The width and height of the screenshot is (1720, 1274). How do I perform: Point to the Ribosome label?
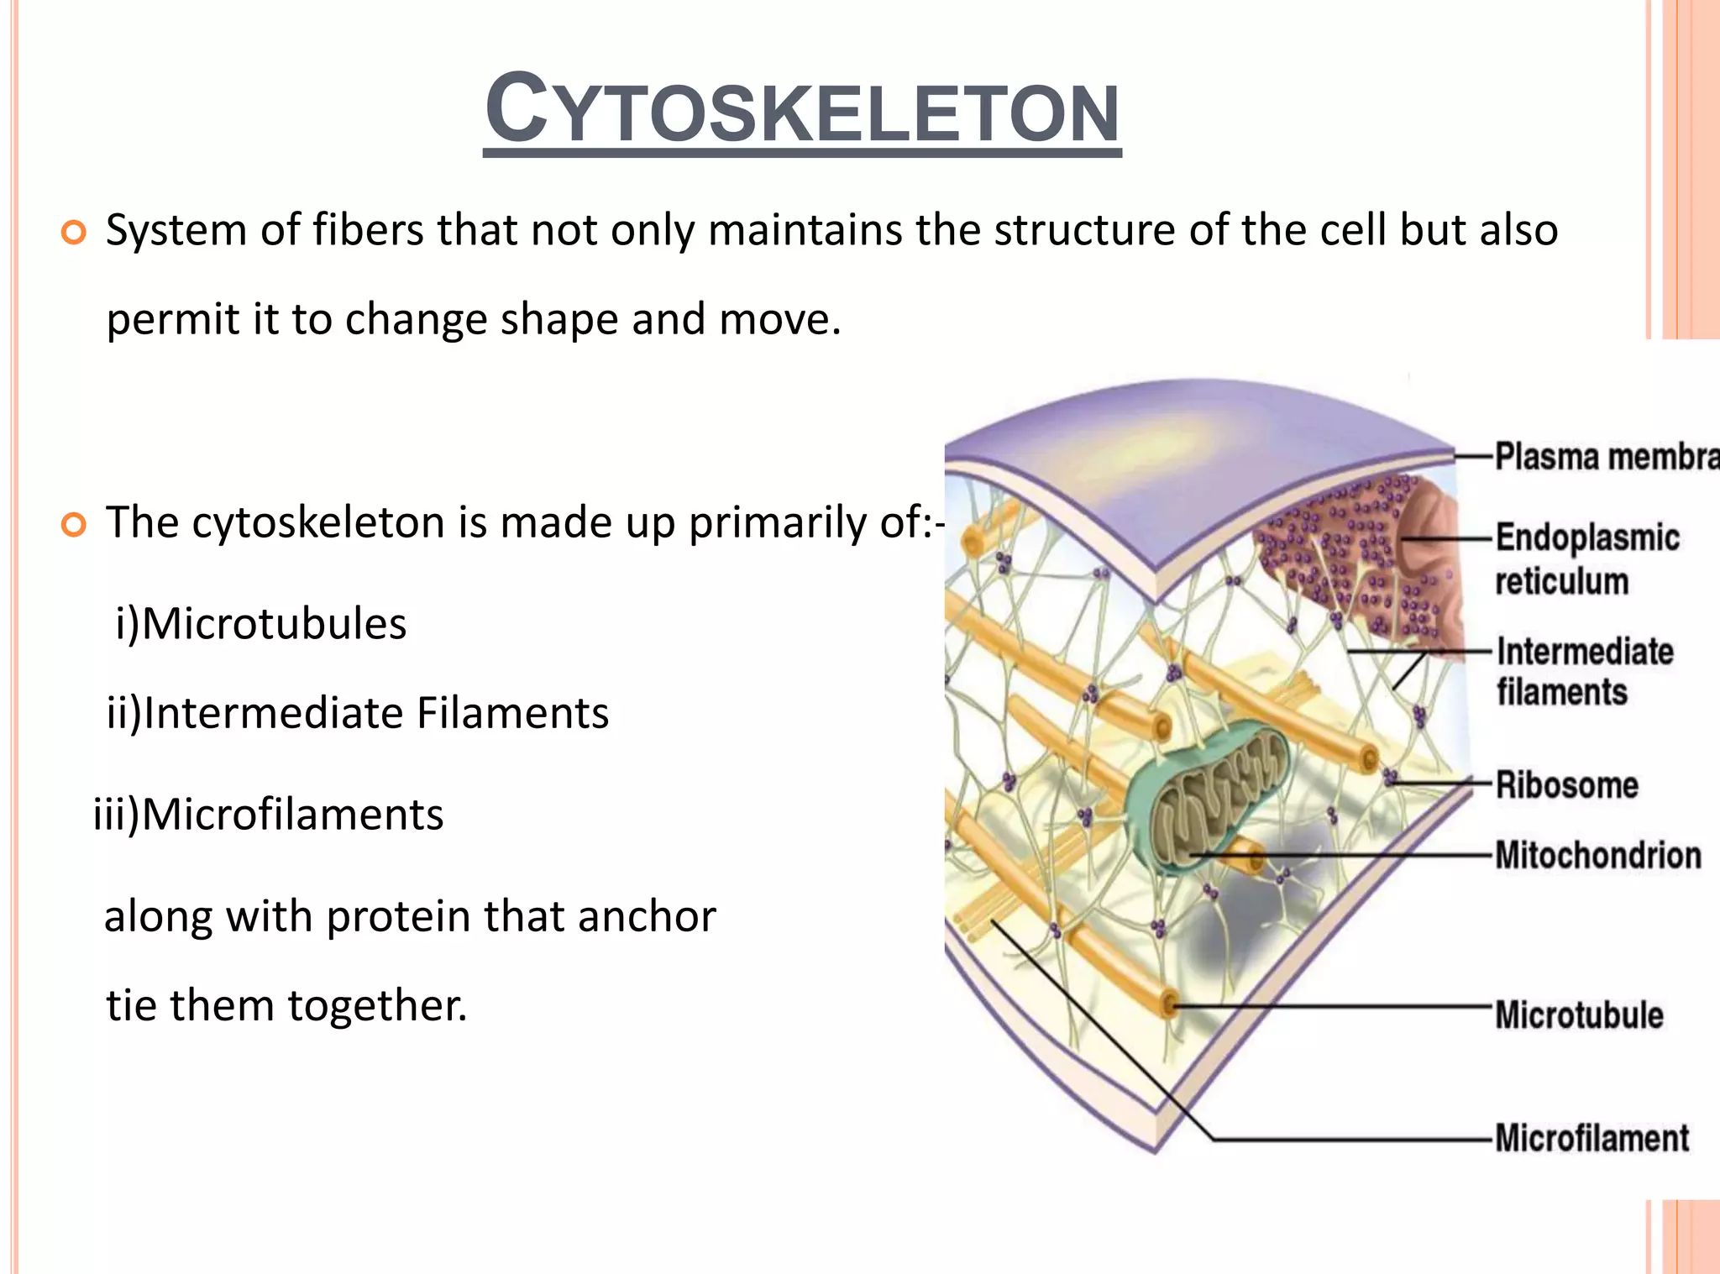click(1566, 785)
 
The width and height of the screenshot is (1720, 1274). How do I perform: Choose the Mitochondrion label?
click(1597, 855)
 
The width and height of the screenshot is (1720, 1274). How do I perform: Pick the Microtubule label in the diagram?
click(1579, 1014)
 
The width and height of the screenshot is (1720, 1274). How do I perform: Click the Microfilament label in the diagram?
click(1592, 1138)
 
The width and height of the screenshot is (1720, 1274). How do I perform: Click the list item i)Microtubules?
click(261, 624)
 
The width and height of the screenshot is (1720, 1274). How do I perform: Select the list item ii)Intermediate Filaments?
click(358, 714)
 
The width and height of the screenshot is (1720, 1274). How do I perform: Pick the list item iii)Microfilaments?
click(269, 815)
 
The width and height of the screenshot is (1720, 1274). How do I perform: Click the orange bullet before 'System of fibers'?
click(74, 233)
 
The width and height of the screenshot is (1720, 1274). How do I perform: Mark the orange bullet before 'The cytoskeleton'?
click(74, 526)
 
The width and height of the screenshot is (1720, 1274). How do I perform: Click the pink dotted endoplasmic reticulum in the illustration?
click(1344, 554)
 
